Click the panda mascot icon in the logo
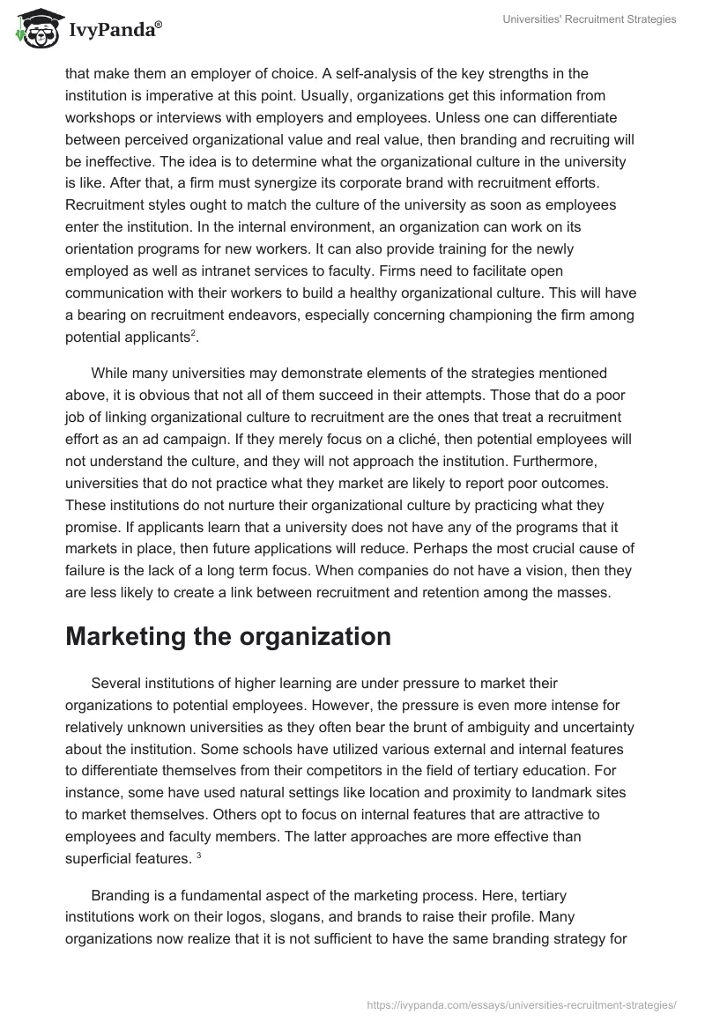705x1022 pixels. [x=34, y=30]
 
